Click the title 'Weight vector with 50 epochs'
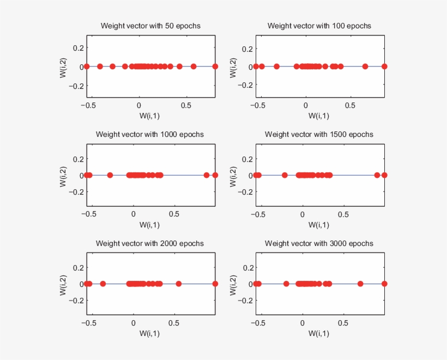click(x=150, y=26)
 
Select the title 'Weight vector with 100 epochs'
click(x=319, y=26)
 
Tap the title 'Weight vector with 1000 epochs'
click(x=150, y=134)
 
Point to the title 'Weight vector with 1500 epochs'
click(x=319, y=134)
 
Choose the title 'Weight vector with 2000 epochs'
click(x=150, y=243)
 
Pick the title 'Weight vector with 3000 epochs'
click(x=319, y=243)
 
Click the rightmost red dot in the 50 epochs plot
click(x=215, y=67)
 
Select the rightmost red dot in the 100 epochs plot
click(x=384, y=67)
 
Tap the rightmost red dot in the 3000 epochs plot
click(x=384, y=284)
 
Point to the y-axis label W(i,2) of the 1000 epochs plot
click(x=64, y=176)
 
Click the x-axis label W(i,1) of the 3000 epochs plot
click(x=319, y=333)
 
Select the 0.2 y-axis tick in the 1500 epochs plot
click(x=246, y=159)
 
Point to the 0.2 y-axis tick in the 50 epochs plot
click(x=77, y=49)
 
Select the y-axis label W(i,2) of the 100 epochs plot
click(x=233, y=67)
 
